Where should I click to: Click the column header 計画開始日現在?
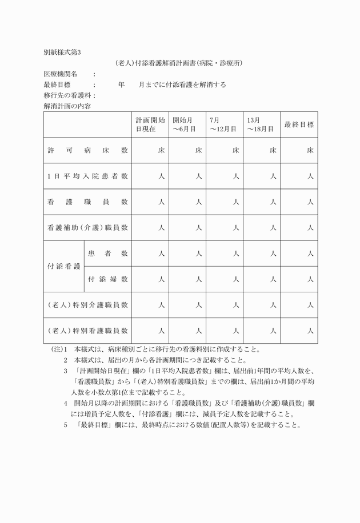pos(150,124)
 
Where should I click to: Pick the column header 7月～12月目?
pos(223,124)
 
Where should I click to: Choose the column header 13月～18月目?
pos(261,124)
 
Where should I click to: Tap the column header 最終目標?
pos(299,124)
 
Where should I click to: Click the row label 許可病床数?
pos(87,151)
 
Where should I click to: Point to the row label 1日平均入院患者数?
pos(87,176)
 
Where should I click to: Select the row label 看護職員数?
pos(87,202)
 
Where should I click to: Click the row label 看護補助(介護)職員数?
pos(87,227)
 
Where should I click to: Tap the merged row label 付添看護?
pos(64,267)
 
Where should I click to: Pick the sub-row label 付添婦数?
pos(107,279)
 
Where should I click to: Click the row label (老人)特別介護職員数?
pos(87,305)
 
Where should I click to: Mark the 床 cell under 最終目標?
pos(310,151)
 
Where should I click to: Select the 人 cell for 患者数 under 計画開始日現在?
pos(161,254)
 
